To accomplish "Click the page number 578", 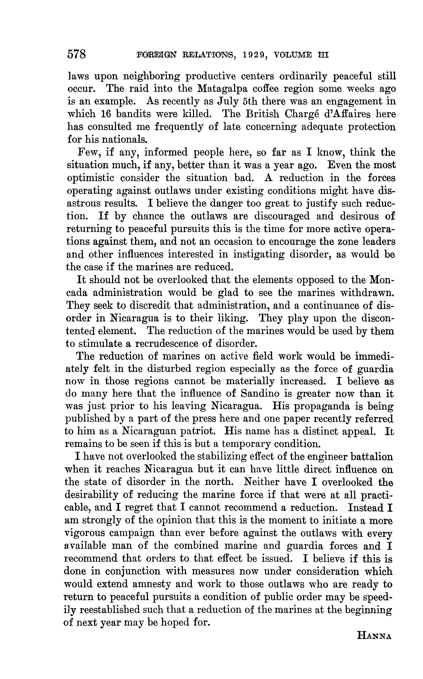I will (x=76, y=54).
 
